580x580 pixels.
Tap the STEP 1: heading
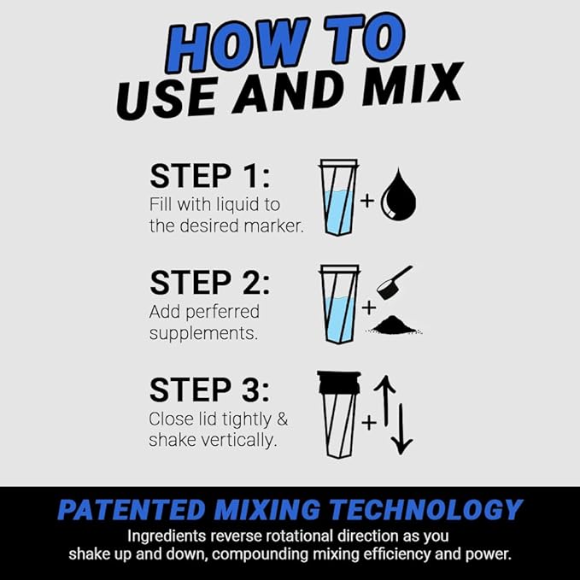click(x=209, y=176)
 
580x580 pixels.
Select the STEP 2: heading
click(x=209, y=282)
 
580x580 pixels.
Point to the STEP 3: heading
click(x=209, y=390)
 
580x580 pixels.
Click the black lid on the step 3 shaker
click(x=339, y=383)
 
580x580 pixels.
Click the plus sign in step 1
click(x=367, y=202)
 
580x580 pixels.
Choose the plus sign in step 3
click(x=369, y=420)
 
